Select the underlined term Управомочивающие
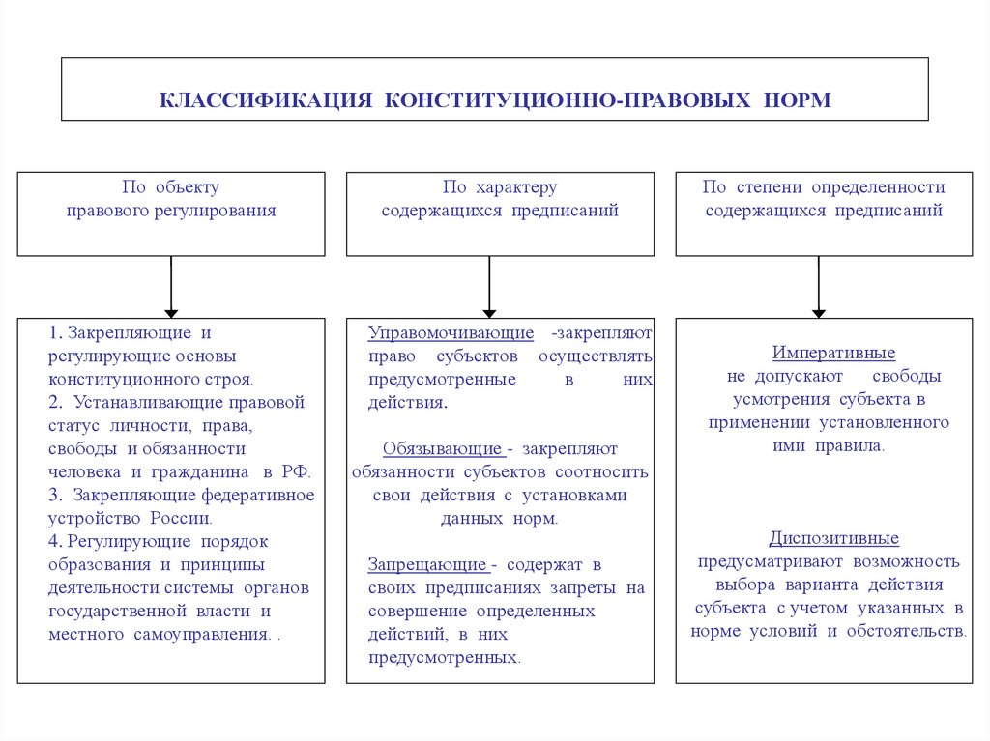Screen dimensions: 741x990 click(x=451, y=333)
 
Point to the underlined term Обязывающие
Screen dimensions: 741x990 click(x=444, y=449)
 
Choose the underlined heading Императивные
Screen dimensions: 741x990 click(x=833, y=353)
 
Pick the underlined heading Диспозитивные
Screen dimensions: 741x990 click(x=833, y=538)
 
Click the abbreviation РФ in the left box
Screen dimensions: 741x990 click(x=296, y=472)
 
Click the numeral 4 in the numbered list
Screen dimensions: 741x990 click(x=52, y=542)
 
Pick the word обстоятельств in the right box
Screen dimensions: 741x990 click(x=905, y=631)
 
